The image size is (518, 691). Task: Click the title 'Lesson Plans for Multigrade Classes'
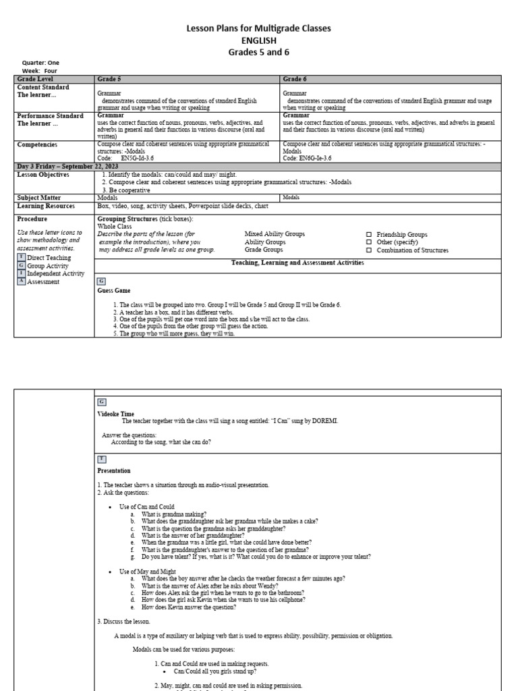click(259, 28)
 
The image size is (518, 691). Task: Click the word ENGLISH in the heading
click(259, 40)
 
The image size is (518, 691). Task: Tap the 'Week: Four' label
click(40, 71)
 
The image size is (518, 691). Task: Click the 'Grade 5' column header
click(109, 79)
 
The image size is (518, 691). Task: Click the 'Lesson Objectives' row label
click(43, 174)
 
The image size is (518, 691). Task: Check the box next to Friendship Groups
click(368, 235)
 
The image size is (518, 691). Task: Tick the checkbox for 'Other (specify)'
click(368, 242)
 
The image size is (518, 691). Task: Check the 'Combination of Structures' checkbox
click(368, 250)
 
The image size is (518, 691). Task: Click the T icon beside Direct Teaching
click(21, 257)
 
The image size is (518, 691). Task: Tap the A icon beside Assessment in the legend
click(21, 281)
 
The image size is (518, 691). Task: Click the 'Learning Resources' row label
click(46, 206)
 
